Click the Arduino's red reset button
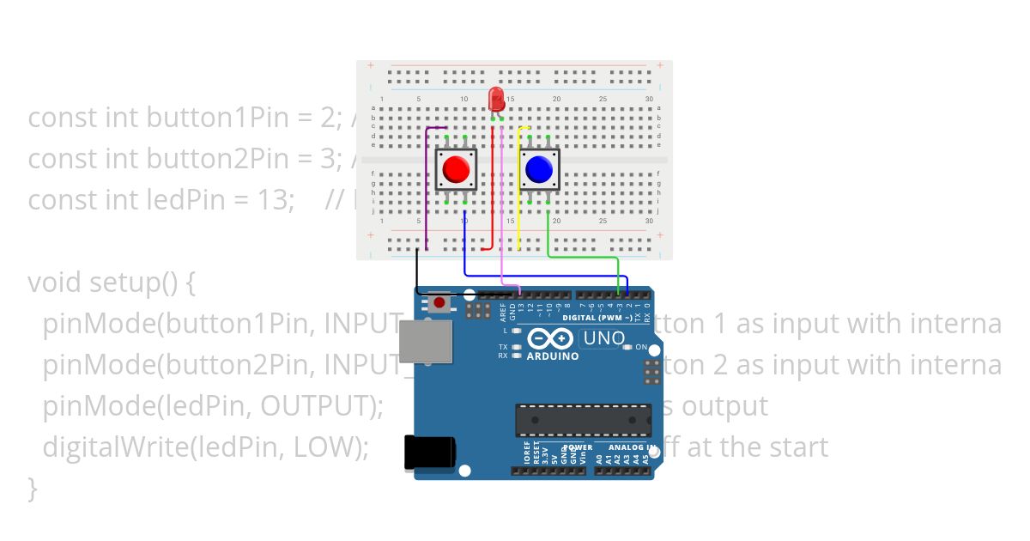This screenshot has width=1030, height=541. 439,302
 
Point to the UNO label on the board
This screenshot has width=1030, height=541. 603,338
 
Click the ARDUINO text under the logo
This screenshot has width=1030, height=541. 552,356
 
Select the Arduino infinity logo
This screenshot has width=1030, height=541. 551,338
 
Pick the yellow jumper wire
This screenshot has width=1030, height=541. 519,189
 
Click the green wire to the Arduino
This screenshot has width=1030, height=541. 584,256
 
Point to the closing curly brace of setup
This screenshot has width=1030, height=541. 33,488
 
